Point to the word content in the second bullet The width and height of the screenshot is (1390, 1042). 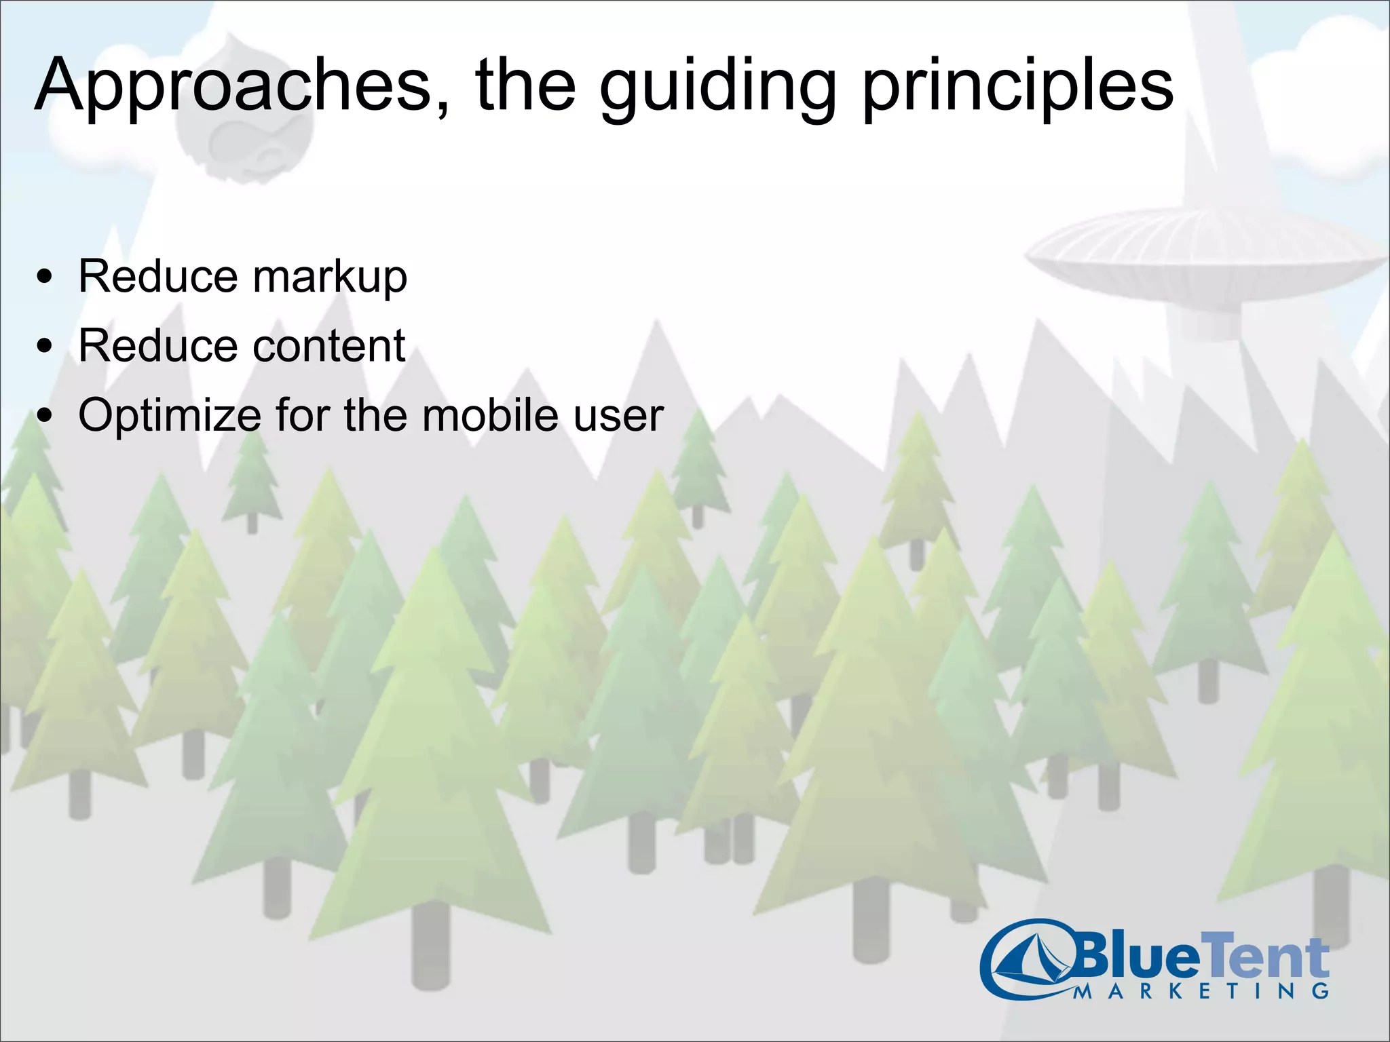pyautogui.click(x=328, y=346)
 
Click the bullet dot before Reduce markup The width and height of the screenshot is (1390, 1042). pyautogui.click(x=45, y=277)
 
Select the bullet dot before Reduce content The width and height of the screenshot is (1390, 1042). pyautogui.click(x=45, y=347)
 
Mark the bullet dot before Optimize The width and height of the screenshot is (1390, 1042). pyautogui.click(x=45, y=415)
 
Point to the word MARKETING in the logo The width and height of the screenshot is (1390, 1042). pyautogui.click(x=1201, y=991)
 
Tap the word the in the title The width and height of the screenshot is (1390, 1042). pyautogui.click(x=526, y=87)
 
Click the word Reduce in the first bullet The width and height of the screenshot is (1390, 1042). pyautogui.click(x=157, y=277)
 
